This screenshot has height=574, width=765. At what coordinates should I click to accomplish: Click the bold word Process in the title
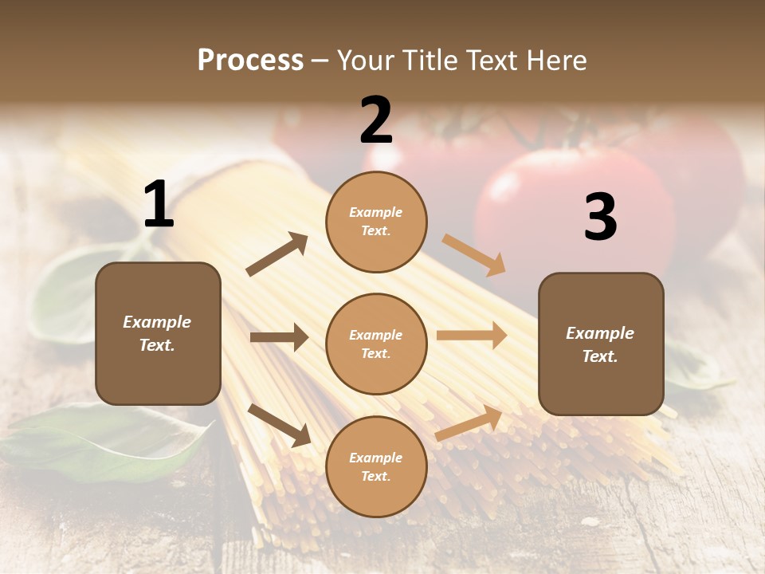pos(250,60)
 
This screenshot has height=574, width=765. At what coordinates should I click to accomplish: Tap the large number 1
pos(159,205)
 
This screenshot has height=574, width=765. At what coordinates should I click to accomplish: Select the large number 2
pos(376,120)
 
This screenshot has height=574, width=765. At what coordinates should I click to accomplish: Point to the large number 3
pos(600,217)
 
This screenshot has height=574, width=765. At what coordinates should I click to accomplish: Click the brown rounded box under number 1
pos(158,333)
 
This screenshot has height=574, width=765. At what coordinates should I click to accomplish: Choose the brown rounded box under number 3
pos(601,344)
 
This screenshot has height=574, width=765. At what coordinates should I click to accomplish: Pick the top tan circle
pos(376,222)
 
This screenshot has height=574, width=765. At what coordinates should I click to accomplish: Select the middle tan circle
pos(376,344)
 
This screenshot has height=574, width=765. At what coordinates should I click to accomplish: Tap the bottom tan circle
pos(376,466)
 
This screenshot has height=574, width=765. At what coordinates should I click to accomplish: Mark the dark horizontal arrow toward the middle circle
pos(279,337)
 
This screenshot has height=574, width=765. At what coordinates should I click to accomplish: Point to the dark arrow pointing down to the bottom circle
pos(279,425)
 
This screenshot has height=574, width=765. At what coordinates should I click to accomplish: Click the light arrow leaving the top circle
pos(474,255)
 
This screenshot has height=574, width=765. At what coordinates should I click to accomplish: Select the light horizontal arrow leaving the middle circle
pos(472,336)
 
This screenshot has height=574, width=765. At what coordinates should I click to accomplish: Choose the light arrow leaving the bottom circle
pos(469,423)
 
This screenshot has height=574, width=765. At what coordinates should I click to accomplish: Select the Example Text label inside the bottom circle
pos(376,466)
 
